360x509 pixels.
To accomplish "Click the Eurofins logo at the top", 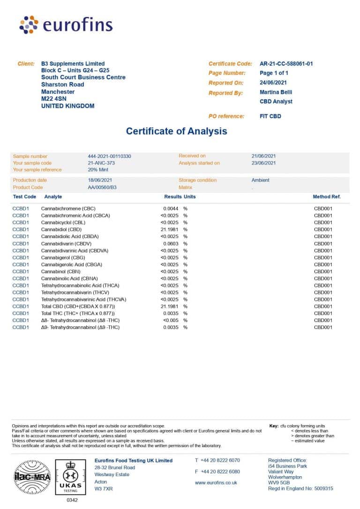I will (66, 24).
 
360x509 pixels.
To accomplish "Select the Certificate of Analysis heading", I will (176, 131).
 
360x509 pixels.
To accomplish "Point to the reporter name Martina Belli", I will (276, 92).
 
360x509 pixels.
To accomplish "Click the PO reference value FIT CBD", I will (270, 116).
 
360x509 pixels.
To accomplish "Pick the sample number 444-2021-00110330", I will (109, 156).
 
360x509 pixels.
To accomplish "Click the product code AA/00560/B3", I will (102, 187).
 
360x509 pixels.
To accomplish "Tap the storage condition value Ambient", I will (260, 180).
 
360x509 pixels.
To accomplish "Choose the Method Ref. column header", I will (327, 197).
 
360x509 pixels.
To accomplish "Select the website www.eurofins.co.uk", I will (216, 482).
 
